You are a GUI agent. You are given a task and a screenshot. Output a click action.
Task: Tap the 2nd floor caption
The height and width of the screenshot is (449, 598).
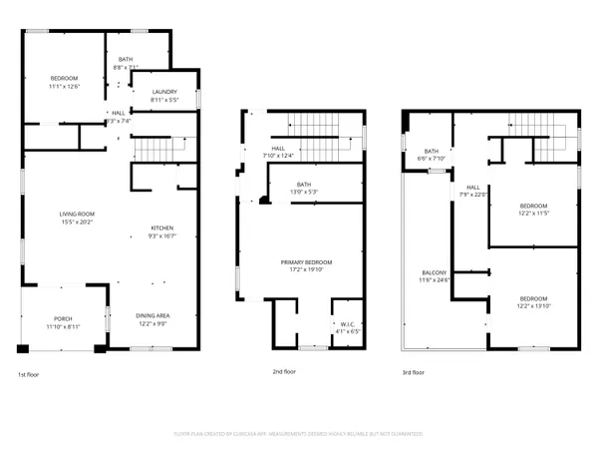click(284, 371)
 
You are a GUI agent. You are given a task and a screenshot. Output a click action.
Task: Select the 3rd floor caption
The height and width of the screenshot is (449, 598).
click(412, 371)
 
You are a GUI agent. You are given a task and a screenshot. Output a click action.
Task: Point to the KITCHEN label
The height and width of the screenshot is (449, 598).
click(161, 226)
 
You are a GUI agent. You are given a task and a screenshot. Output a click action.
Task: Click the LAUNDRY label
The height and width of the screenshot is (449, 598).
click(165, 94)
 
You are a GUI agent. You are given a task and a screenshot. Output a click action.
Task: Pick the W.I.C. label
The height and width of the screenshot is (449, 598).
click(343, 323)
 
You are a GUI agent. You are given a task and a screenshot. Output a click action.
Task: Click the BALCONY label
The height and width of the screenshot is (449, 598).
click(433, 272)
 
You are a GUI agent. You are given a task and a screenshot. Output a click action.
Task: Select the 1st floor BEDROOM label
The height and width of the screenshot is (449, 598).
click(64, 78)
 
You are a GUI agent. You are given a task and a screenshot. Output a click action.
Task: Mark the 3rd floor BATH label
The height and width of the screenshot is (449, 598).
click(432, 151)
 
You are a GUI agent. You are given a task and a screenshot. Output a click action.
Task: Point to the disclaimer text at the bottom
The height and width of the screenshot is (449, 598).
click(298, 434)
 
